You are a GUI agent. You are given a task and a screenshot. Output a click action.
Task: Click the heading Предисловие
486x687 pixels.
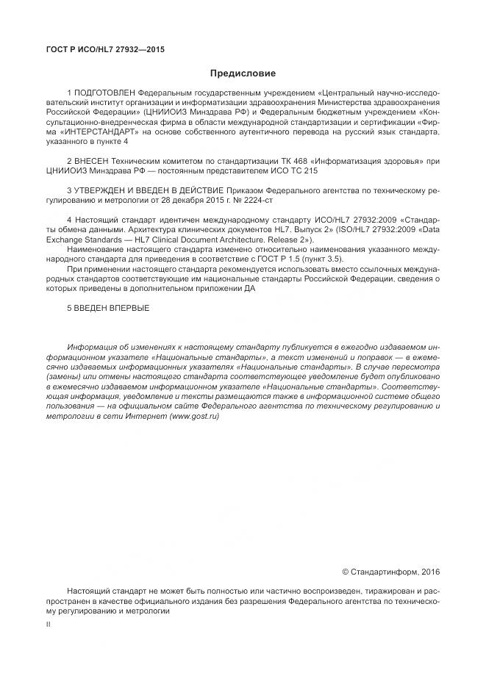(x=243, y=73)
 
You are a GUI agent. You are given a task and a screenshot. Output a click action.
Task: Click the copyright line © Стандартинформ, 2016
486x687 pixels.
(x=391, y=571)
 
